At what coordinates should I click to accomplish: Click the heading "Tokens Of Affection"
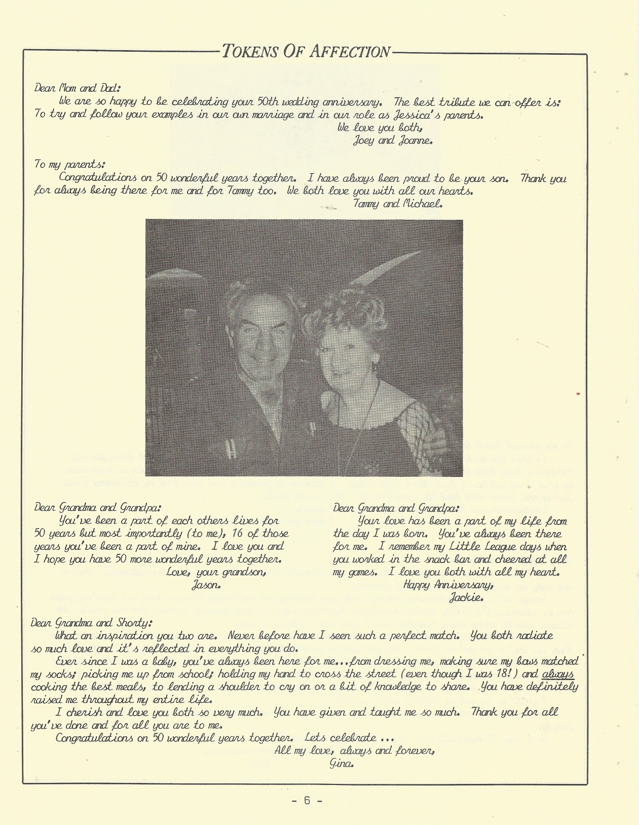pos(306,51)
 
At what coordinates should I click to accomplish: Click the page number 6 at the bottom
pos(307,801)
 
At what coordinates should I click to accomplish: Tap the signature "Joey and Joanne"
pos(393,140)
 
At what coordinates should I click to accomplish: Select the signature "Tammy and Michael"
pos(398,204)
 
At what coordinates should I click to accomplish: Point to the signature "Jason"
pos(206,585)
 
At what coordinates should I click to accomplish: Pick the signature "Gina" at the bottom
pos(341,764)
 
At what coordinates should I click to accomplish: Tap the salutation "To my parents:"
pos(69,164)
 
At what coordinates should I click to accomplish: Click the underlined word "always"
pos(557,674)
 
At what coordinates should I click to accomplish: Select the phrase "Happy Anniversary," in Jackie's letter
pos(447,585)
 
